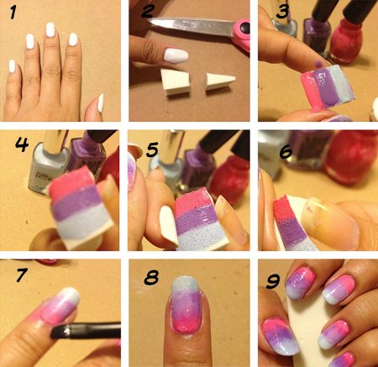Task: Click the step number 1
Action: (13, 13)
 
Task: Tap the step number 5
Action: (152, 149)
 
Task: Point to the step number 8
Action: (151, 277)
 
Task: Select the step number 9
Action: (272, 280)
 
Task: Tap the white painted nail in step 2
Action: (176, 55)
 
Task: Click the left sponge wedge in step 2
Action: (176, 82)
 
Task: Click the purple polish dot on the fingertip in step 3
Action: (318, 65)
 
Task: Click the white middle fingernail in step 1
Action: (50, 29)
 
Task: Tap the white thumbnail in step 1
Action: (100, 103)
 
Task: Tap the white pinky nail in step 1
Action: (12, 66)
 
